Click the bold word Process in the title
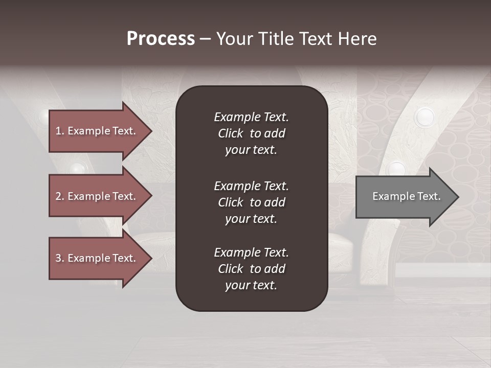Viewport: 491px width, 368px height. (x=161, y=39)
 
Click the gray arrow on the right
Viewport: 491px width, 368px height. (x=404, y=197)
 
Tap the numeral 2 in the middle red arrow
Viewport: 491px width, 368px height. (x=58, y=196)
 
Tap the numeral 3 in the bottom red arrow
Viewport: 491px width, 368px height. (x=58, y=258)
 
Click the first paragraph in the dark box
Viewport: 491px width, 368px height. (x=251, y=133)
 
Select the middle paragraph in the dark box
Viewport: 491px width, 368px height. (x=251, y=202)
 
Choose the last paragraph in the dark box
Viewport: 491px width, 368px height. (x=251, y=269)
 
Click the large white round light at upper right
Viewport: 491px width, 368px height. (x=424, y=118)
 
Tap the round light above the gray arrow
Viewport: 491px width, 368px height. (x=396, y=168)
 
